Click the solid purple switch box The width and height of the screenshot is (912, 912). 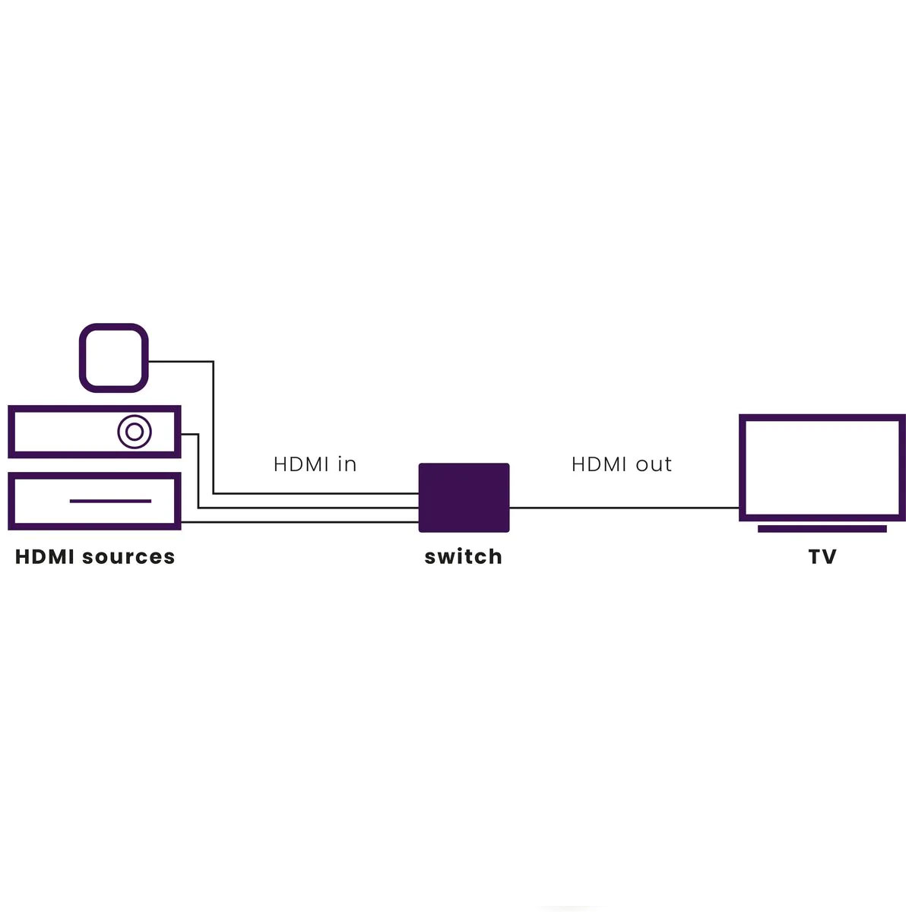464,497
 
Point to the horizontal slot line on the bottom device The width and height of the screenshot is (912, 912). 110,501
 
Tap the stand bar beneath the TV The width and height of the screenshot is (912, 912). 822,529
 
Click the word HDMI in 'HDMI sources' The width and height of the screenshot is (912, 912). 45,556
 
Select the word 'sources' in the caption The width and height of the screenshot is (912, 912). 128,558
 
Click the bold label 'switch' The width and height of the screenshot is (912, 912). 463,556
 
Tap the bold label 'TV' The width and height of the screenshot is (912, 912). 822,556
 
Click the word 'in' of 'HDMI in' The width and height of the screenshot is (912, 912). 347,464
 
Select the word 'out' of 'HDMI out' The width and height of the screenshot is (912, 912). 654,465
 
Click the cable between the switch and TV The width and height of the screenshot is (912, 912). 624,508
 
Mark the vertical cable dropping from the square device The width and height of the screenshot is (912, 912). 213,427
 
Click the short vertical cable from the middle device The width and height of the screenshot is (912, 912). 198,471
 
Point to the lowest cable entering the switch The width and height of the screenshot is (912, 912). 299,522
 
